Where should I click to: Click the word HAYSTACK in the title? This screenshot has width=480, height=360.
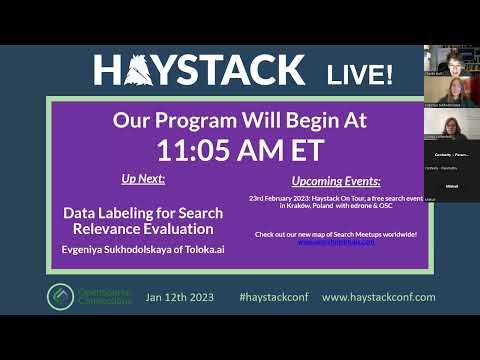click(199, 70)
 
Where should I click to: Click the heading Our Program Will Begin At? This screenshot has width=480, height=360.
click(240, 121)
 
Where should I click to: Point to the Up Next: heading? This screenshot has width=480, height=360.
click(143, 180)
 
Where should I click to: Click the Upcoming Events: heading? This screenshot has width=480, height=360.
click(336, 182)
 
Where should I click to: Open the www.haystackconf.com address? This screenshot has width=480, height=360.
click(378, 297)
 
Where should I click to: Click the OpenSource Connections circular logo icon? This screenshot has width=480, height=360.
click(60, 297)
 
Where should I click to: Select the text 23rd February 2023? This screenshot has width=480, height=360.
click(283, 198)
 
